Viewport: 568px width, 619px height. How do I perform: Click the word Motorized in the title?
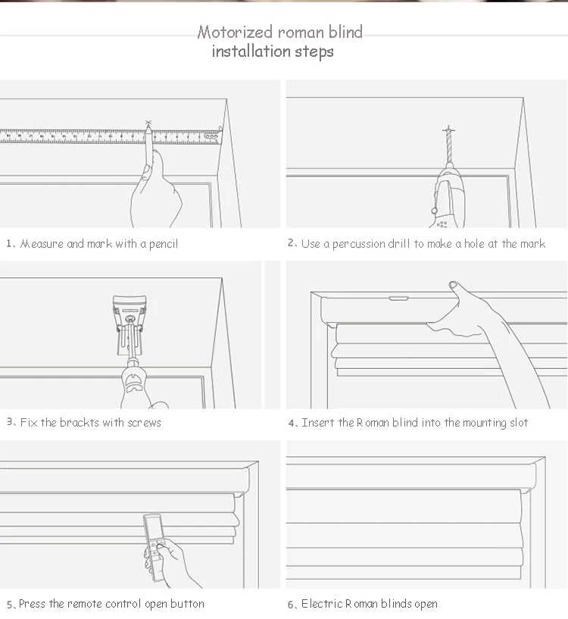tap(235, 32)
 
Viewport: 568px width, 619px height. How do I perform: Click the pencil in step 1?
tap(148, 145)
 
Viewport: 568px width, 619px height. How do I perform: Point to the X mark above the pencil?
tap(148, 123)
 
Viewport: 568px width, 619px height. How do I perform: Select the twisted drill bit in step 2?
tap(448, 147)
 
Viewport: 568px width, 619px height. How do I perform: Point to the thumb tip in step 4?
tap(453, 285)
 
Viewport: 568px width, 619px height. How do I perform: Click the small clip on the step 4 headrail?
tap(398, 299)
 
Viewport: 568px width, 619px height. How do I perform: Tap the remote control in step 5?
tap(154, 548)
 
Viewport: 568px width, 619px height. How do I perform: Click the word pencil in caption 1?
tap(164, 245)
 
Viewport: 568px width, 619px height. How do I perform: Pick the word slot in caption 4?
tap(519, 423)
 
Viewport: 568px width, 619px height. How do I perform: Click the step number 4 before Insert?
tap(292, 424)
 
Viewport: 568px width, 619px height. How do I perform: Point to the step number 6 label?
tap(291, 605)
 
